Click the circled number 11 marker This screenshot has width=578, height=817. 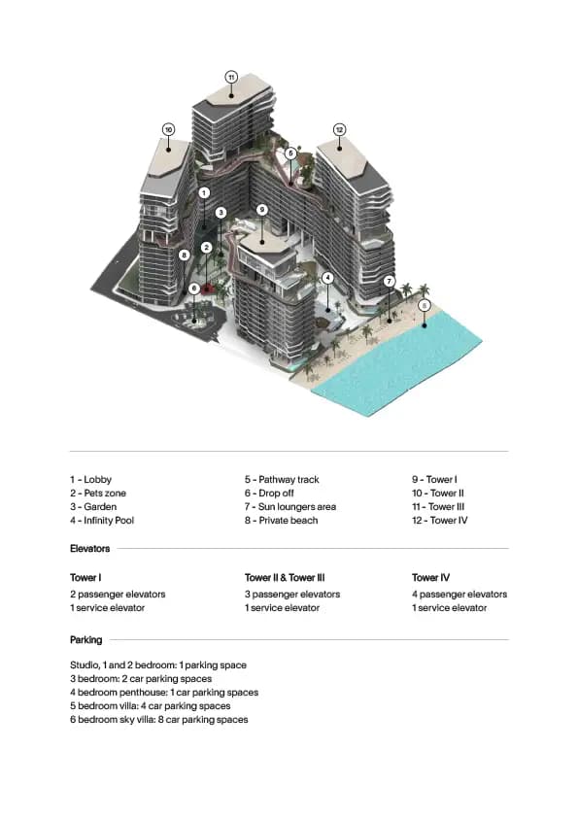click(231, 77)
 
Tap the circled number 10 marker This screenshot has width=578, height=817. click(168, 129)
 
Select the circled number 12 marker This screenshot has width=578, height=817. click(339, 129)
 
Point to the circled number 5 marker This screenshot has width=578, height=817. click(290, 153)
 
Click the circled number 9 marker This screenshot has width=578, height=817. click(261, 210)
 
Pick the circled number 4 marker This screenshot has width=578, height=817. click(328, 278)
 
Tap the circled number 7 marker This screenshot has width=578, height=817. click(389, 282)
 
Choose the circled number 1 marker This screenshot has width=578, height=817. click(204, 193)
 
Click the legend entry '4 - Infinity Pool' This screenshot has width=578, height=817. click(103, 521)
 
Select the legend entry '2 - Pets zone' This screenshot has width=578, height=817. click(97, 494)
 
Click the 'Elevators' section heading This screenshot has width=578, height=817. click(89, 549)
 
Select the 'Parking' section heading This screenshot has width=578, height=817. click(85, 640)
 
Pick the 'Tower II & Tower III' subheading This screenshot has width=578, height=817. click(285, 578)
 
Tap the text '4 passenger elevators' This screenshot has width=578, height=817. click(459, 595)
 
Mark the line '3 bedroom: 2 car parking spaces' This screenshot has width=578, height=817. click(141, 679)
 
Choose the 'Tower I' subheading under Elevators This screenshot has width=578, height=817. click(85, 578)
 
